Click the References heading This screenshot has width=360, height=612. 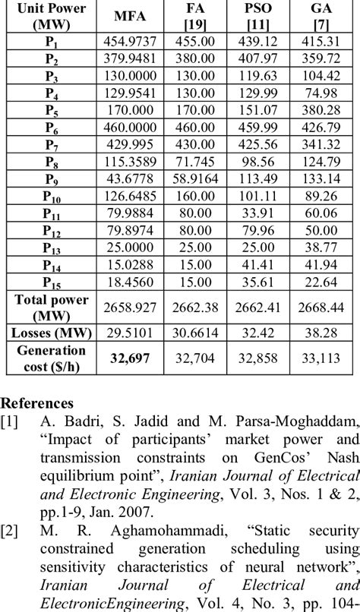38,402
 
